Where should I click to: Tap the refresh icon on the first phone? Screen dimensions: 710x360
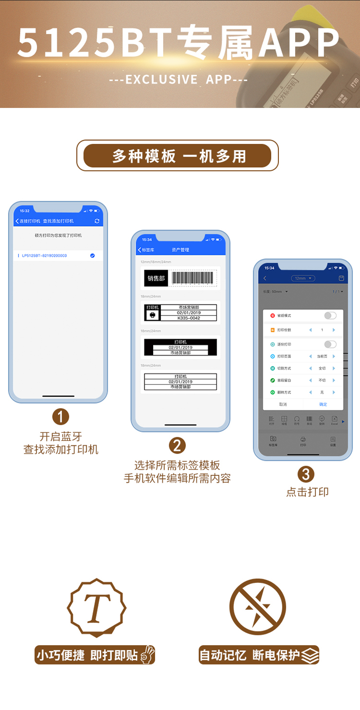click(x=97, y=221)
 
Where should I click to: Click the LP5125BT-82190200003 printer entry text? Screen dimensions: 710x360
click(x=44, y=255)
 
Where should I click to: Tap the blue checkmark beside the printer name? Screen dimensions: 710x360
click(x=92, y=255)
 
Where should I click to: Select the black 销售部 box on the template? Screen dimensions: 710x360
click(x=156, y=278)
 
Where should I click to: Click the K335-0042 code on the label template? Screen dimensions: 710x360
click(x=188, y=318)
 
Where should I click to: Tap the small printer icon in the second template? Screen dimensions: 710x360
click(x=152, y=315)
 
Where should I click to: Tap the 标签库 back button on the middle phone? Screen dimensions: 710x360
click(x=146, y=250)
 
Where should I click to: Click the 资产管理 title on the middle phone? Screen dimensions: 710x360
click(x=180, y=250)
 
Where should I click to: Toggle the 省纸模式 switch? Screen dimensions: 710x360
click(x=330, y=316)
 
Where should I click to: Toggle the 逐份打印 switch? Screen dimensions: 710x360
click(x=330, y=344)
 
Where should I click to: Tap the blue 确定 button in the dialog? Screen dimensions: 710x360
click(x=323, y=404)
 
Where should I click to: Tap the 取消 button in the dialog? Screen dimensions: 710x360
click(x=283, y=404)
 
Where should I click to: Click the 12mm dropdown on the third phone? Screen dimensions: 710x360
click(x=303, y=278)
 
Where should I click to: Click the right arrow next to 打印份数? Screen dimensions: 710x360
click(x=334, y=330)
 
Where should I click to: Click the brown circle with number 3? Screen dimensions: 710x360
click(x=306, y=474)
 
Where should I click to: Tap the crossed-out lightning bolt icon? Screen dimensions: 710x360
click(x=257, y=608)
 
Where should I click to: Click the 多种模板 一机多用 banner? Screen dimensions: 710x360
click(x=177, y=156)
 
